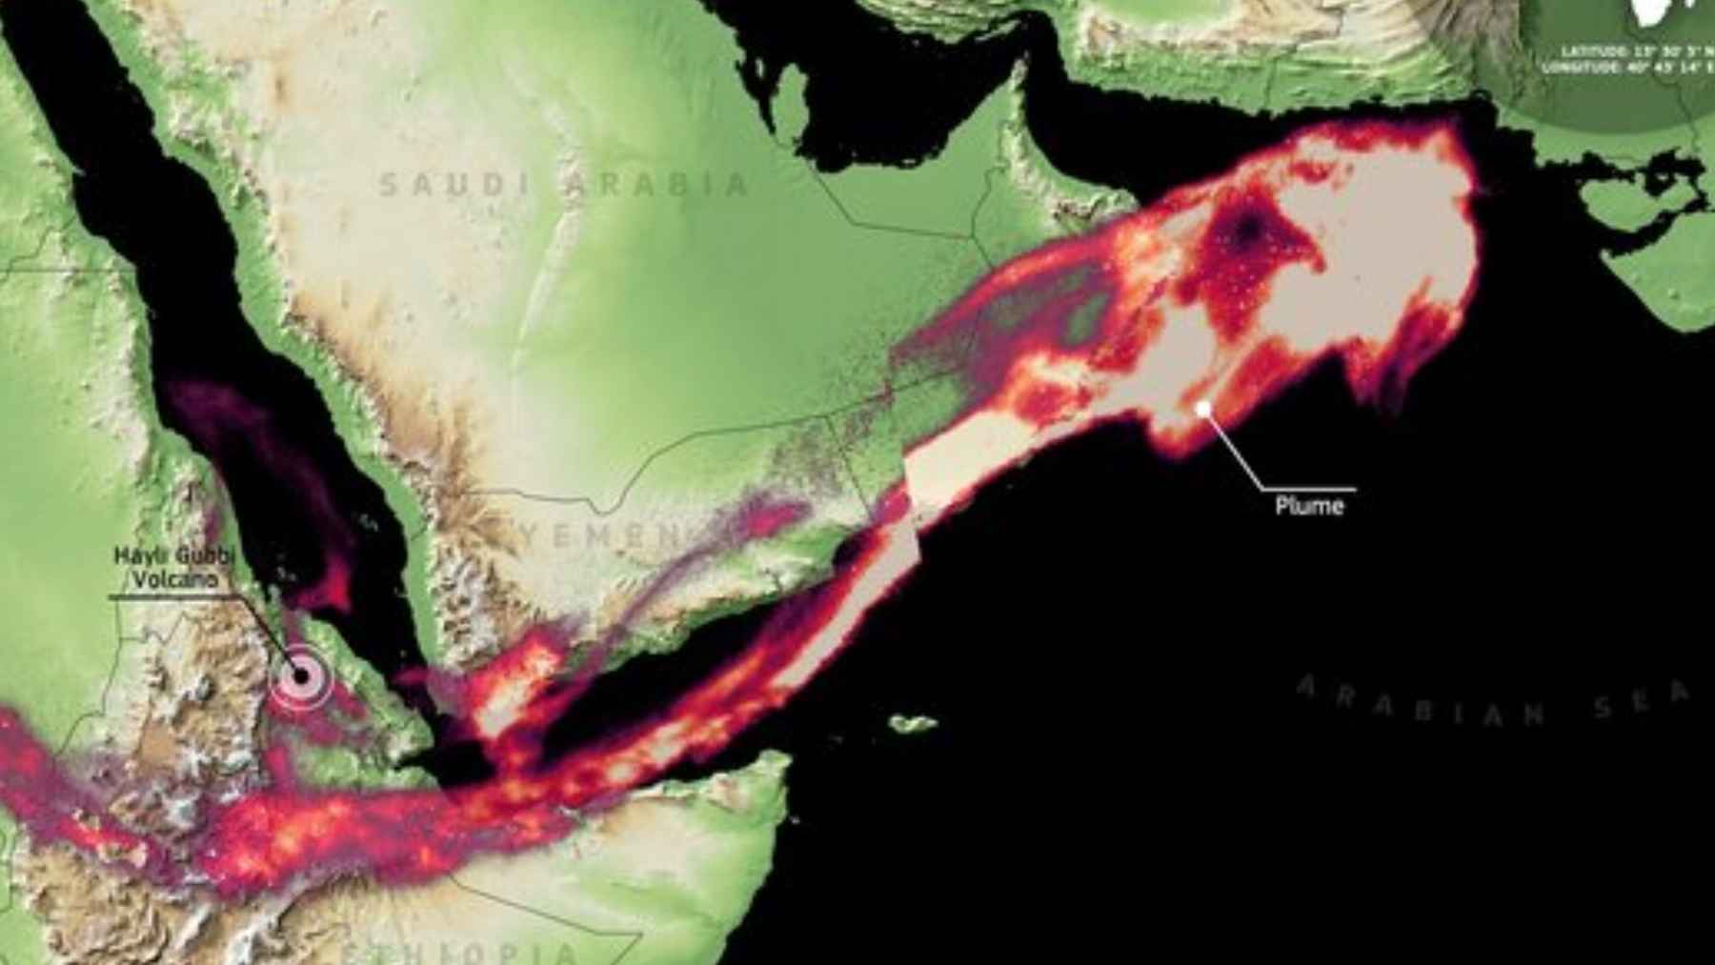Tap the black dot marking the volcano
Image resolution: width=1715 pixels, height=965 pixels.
click(302, 676)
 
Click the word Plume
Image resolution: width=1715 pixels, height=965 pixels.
click(1309, 506)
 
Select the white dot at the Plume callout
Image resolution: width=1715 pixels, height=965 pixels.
click(1204, 408)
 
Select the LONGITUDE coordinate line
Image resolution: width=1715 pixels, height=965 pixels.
click(1629, 69)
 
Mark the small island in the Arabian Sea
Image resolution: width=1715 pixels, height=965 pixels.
click(913, 724)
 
